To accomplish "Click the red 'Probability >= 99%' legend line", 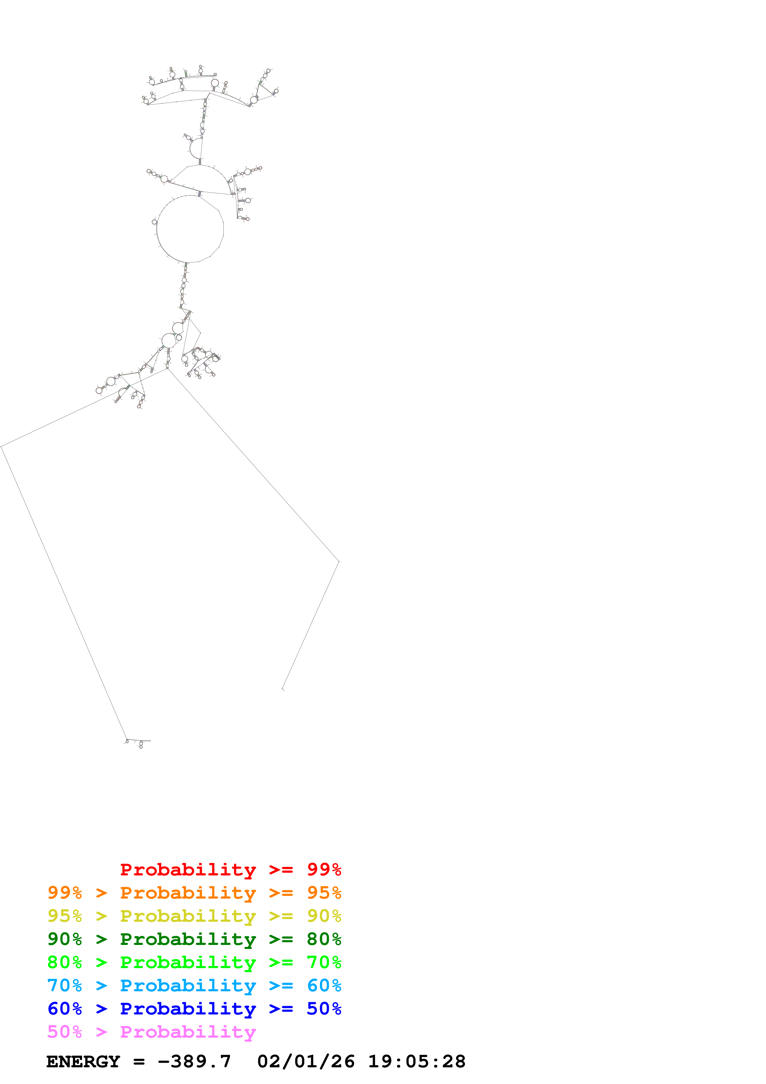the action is [230, 869].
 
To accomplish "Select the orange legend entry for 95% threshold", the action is [194, 893].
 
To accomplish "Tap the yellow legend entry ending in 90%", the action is [194, 916].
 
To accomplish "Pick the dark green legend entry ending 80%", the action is [194, 939].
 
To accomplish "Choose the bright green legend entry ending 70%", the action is [194, 962].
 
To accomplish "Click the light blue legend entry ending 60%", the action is [194, 985].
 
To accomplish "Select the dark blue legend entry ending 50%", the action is [194, 1009].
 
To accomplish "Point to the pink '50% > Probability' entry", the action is [151, 1031].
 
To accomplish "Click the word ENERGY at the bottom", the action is [83, 1061].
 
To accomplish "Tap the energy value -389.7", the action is [194, 1061].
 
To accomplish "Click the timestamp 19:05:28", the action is [417, 1061].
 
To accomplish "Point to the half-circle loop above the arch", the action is [195, 148].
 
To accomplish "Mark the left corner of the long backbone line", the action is [2, 446].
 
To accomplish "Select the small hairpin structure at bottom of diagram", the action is [137, 742].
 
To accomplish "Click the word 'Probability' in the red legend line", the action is [188, 869].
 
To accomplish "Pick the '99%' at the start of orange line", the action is [65, 893].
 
